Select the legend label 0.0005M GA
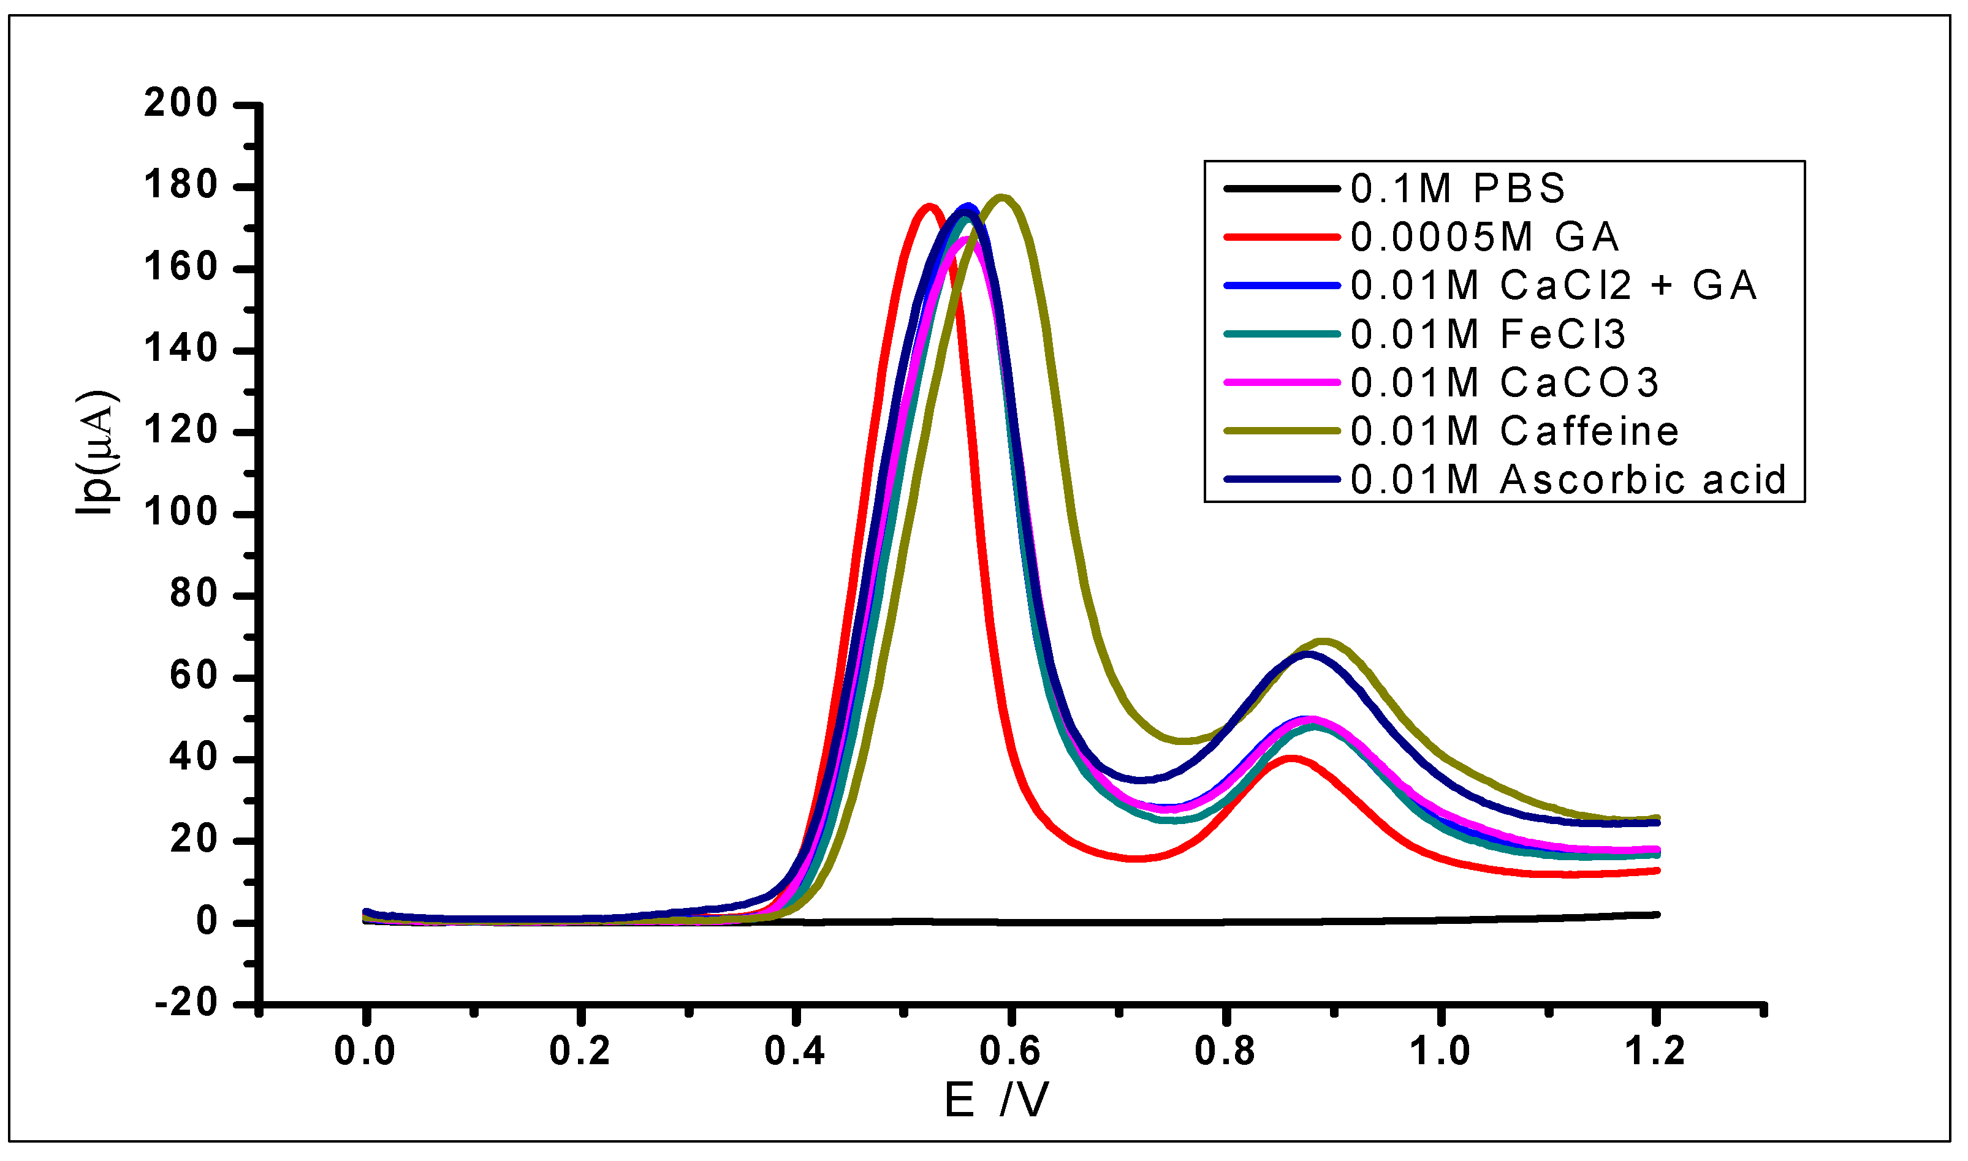[x=1484, y=237]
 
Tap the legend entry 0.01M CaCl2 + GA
[x=1553, y=286]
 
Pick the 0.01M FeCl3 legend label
[x=1487, y=335]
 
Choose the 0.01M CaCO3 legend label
[x=1504, y=384]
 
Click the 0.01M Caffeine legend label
[x=1514, y=432]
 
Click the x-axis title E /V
[x=995, y=1101]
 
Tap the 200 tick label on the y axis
[x=181, y=104]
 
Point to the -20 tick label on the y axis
[x=186, y=1003]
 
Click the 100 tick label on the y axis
[x=181, y=513]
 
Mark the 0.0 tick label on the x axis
[x=365, y=1051]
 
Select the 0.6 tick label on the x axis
[x=1010, y=1051]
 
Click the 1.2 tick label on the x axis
[x=1655, y=1051]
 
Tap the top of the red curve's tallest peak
[x=929, y=207]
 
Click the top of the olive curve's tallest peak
[x=1001, y=197]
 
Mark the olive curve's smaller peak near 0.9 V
[x=1324, y=641]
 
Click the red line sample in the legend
[x=1282, y=237]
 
